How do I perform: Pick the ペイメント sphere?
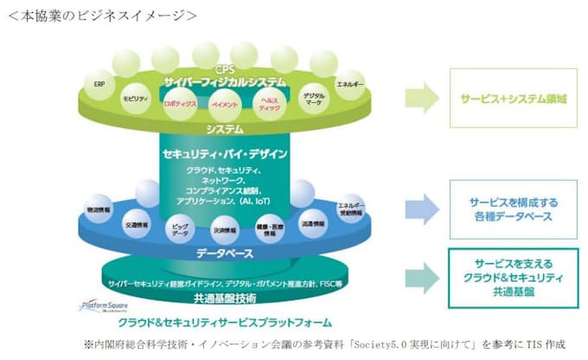pyautogui.click(x=225, y=105)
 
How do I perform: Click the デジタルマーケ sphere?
pyautogui.click(x=314, y=97)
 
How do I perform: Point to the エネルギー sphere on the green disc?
pyautogui.click(x=350, y=85)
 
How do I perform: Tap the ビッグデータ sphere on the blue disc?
pyautogui.click(x=180, y=229)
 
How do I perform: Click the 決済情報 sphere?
pyautogui.click(x=225, y=231)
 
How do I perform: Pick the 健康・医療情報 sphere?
pyautogui.click(x=270, y=229)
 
